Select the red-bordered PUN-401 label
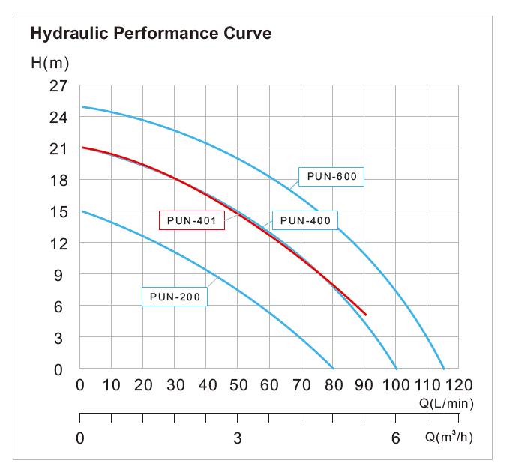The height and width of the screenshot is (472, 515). click(x=192, y=220)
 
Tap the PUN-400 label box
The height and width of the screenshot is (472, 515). click(x=305, y=220)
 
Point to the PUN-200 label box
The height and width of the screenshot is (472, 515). click(x=175, y=297)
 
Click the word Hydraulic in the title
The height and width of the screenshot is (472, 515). click(x=65, y=34)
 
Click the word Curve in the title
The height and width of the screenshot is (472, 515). click(x=248, y=34)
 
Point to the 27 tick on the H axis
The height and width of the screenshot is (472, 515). click(x=58, y=86)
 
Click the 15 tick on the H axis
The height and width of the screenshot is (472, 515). click(x=58, y=212)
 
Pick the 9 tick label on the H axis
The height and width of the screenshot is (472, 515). click(x=63, y=275)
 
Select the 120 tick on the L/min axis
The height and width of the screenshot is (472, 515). click(x=459, y=385)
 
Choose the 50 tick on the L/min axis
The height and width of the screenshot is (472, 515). click(x=238, y=385)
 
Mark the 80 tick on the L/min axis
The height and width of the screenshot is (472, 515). click(x=332, y=385)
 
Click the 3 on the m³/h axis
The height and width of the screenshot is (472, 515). click(x=238, y=438)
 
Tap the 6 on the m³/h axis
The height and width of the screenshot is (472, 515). click(x=395, y=438)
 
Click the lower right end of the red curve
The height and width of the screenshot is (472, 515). click(x=366, y=315)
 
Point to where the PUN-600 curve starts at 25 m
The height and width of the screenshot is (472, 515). click(x=82, y=106)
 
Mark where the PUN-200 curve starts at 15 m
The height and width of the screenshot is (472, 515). click(x=82, y=211)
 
